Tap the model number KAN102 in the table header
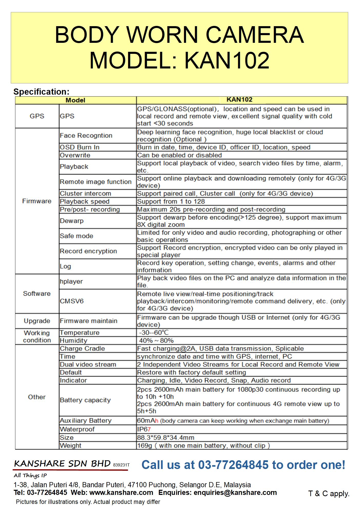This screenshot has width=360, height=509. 239,99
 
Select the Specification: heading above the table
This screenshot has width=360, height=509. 41,92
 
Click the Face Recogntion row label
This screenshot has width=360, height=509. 86,135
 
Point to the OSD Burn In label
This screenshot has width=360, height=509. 80,147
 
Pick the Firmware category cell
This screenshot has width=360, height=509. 37,201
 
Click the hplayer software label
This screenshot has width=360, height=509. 71,281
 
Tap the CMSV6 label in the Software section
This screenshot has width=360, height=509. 72,301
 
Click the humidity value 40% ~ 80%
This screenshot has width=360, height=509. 156,341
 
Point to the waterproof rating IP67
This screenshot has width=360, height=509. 144,429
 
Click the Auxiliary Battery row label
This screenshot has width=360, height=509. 85,421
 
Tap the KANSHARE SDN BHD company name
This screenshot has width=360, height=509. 62,464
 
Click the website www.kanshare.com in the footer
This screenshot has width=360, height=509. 121,492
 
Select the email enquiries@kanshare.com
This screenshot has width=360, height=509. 235,492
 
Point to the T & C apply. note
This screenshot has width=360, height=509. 329,493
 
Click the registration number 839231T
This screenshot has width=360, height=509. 121,465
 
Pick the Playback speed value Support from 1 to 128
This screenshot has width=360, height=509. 171,201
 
